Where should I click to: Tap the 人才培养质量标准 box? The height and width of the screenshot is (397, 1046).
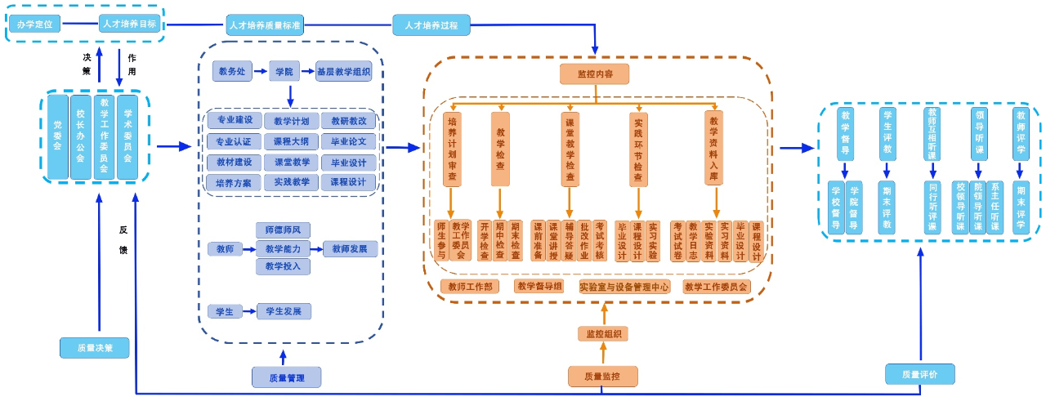point(266,25)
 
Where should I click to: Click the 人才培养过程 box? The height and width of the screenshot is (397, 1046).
point(431,25)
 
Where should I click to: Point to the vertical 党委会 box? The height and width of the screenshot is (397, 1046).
point(57,136)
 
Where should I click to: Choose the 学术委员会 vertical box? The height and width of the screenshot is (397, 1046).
point(127,136)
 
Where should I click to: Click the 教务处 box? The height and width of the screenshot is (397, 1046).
point(232,72)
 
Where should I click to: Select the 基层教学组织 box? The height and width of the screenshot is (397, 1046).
point(344,72)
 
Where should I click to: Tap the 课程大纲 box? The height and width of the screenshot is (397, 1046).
point(291,141)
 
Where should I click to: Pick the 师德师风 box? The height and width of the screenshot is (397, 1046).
point(283,230)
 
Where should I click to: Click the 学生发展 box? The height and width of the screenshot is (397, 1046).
point(284,311)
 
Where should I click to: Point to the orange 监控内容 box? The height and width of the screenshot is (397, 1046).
point(594,74)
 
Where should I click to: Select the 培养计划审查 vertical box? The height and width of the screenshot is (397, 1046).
point(452,148)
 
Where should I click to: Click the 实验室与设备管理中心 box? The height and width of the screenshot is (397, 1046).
point(624,287)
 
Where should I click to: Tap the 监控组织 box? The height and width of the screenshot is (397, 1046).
point(603,333)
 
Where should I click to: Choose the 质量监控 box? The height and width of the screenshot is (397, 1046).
point(602,377)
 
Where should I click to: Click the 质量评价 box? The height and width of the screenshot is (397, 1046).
point(919,374)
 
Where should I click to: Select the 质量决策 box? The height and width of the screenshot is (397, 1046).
point(95,347)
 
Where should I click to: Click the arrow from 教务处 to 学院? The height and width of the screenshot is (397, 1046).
point(261,72)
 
